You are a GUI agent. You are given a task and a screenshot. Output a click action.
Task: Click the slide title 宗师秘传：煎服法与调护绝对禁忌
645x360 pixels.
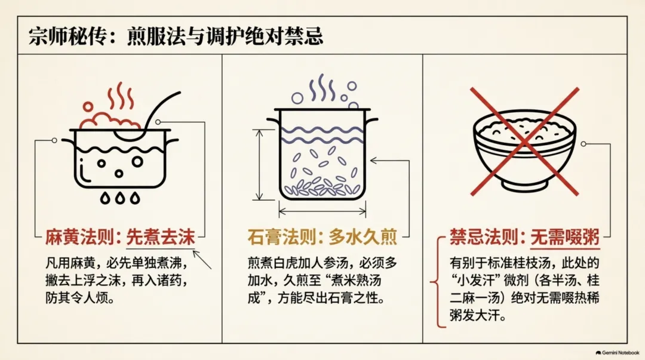click(176, 36)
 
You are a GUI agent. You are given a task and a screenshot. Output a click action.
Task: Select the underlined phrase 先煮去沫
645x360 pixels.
click(161, 237)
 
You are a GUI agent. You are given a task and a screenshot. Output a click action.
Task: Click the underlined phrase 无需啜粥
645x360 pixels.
click(565, 238)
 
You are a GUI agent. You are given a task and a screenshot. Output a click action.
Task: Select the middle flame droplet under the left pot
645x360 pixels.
click(119, 198)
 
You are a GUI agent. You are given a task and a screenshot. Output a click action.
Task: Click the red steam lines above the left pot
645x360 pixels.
click(121, 96)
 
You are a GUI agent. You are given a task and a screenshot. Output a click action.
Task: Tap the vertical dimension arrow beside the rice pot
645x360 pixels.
click(259, 165)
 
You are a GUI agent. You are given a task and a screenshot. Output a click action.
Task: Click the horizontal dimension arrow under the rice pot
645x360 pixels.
click(322, 212)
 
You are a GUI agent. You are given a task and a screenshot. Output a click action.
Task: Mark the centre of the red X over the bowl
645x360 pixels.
click(524, 141)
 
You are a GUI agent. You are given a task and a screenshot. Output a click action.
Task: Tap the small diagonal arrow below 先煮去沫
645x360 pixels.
click(202, 260)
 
